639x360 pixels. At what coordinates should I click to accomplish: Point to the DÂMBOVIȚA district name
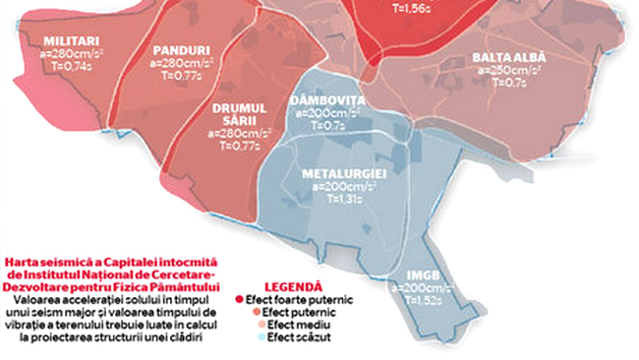coord(327,101)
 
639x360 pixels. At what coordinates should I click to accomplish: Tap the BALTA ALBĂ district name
coord(508,58)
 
